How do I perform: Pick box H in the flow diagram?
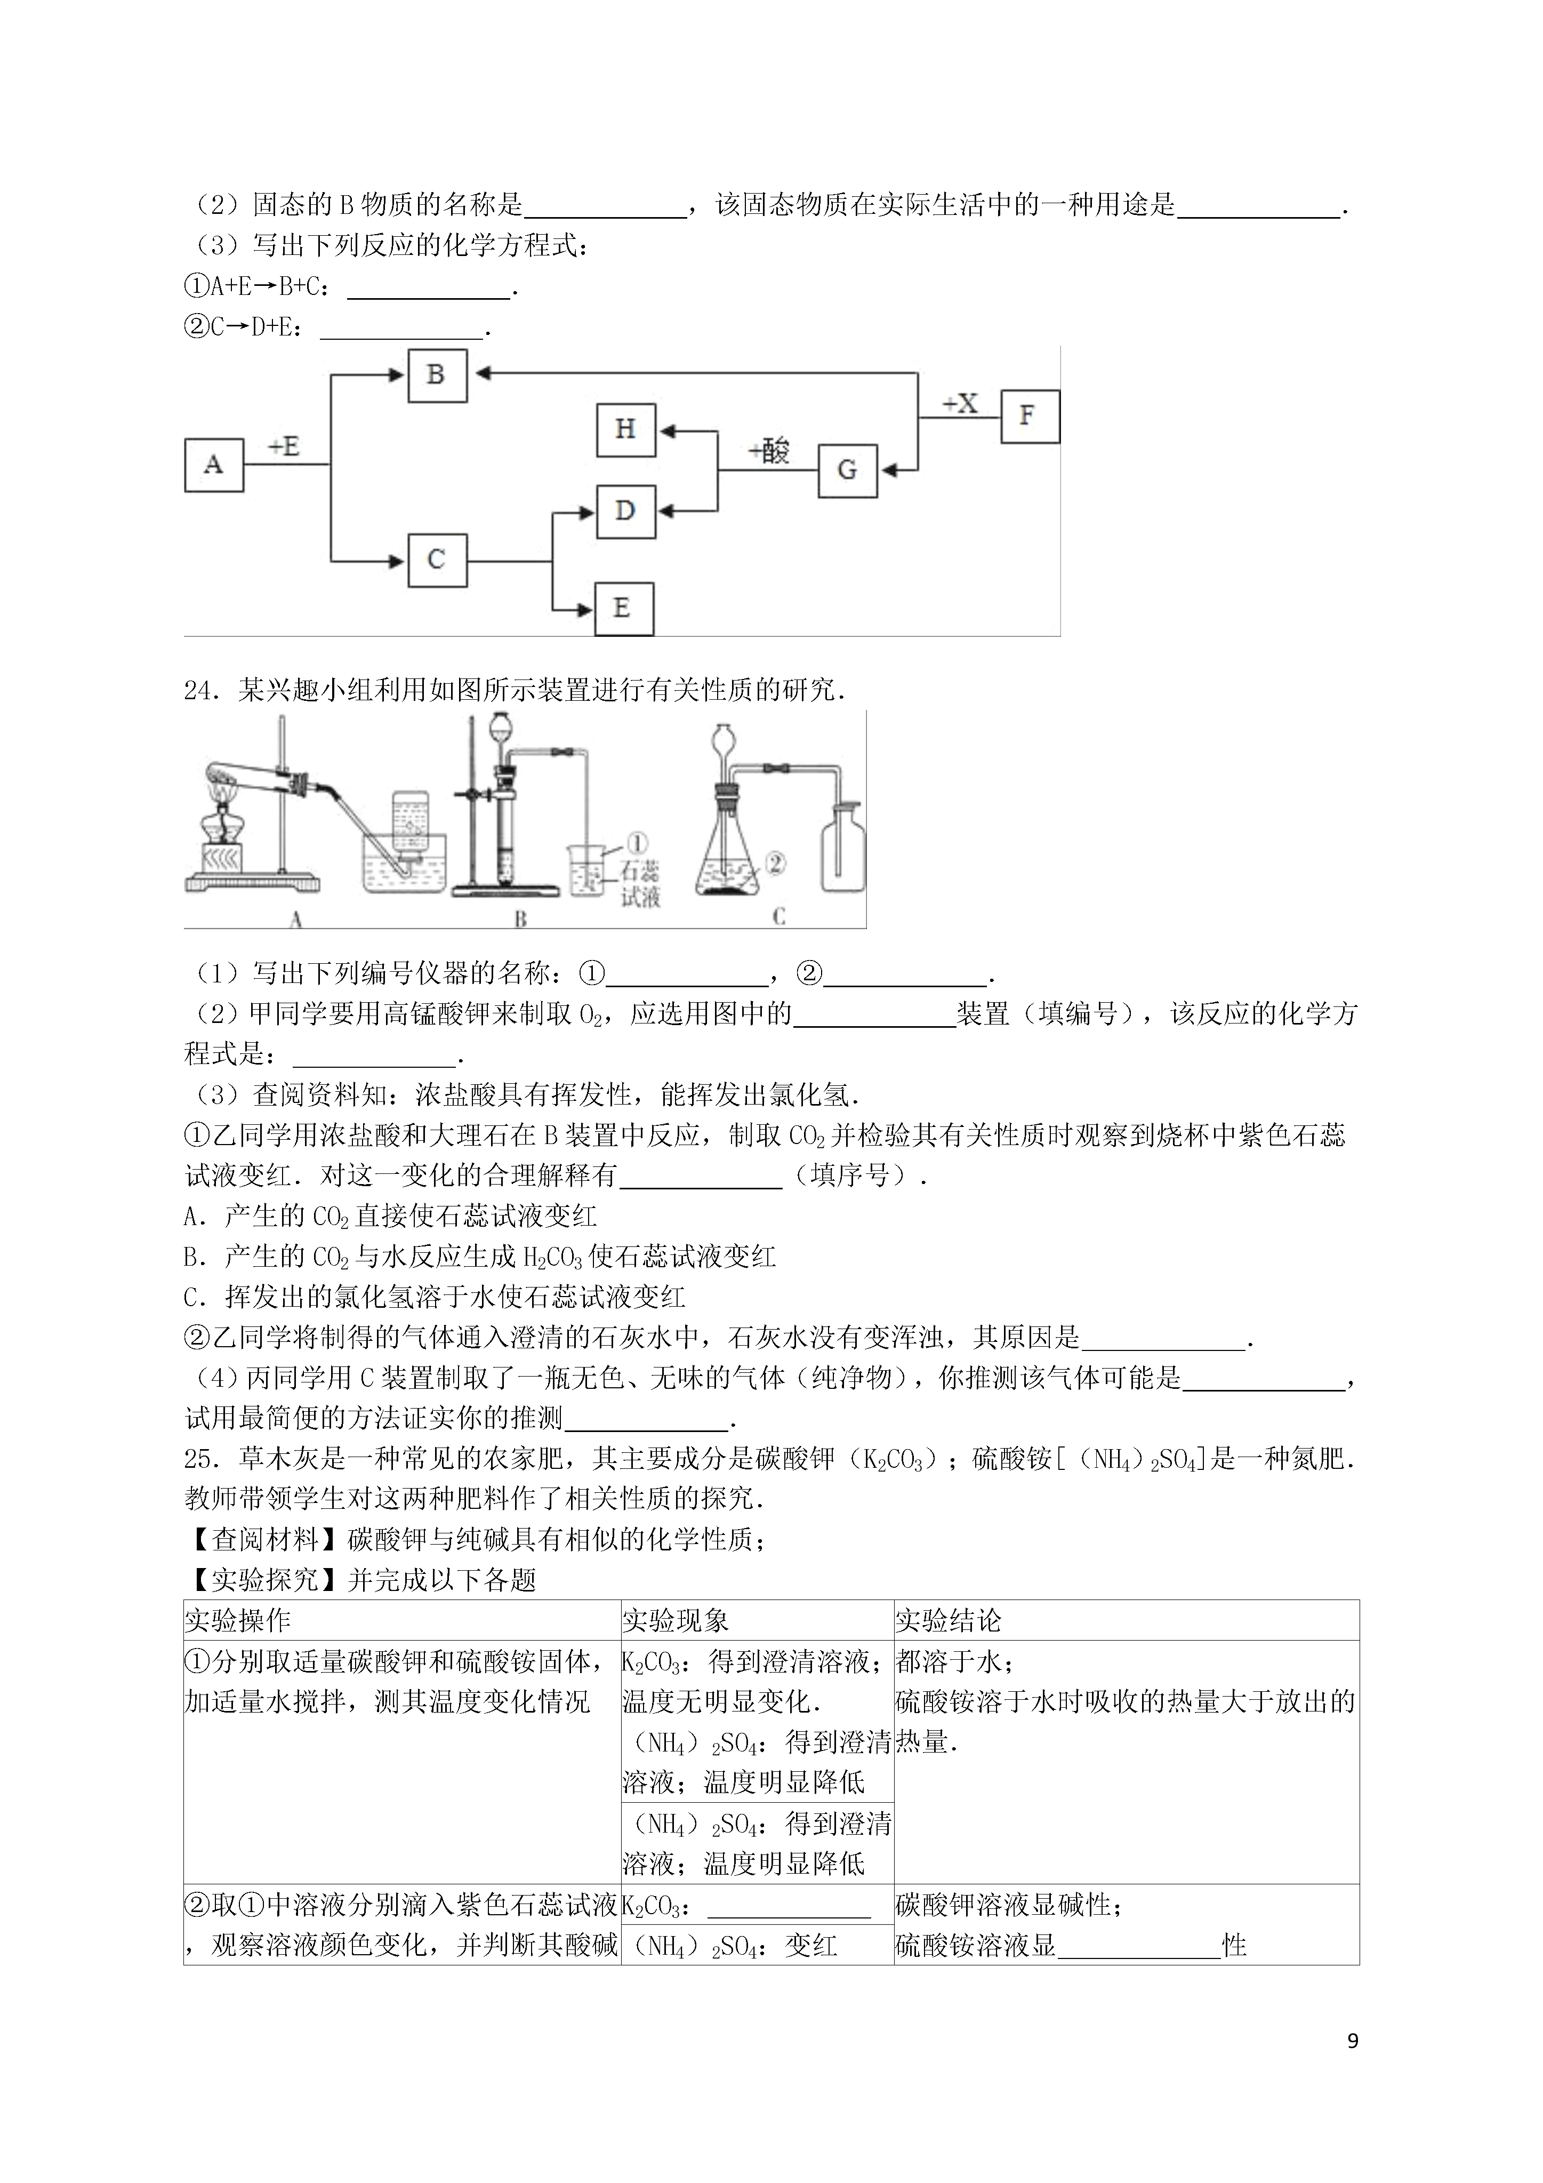click(x=625, y=430)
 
